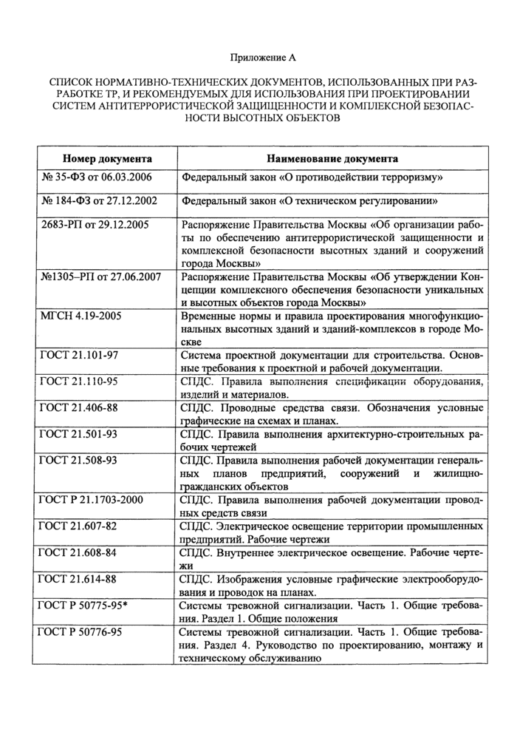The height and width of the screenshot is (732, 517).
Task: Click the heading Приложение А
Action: [258, 57]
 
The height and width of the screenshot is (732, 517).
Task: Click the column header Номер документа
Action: [107, 158]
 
